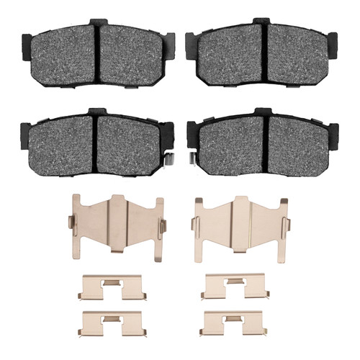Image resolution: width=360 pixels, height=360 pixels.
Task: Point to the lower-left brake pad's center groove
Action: (94, 143)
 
